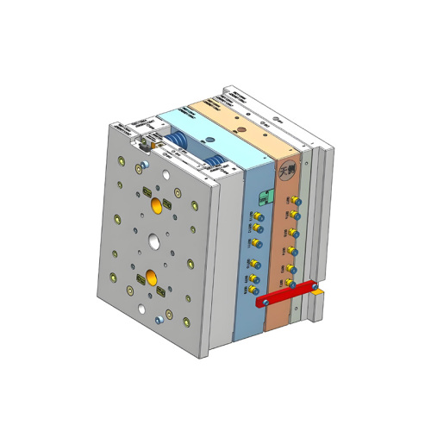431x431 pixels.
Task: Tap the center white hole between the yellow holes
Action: (x=153, y=241)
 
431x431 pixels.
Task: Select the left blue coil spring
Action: (x=177, y=141)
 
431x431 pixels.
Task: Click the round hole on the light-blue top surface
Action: (x=208, y=135)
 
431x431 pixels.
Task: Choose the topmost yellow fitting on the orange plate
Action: (x=294, y=199)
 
